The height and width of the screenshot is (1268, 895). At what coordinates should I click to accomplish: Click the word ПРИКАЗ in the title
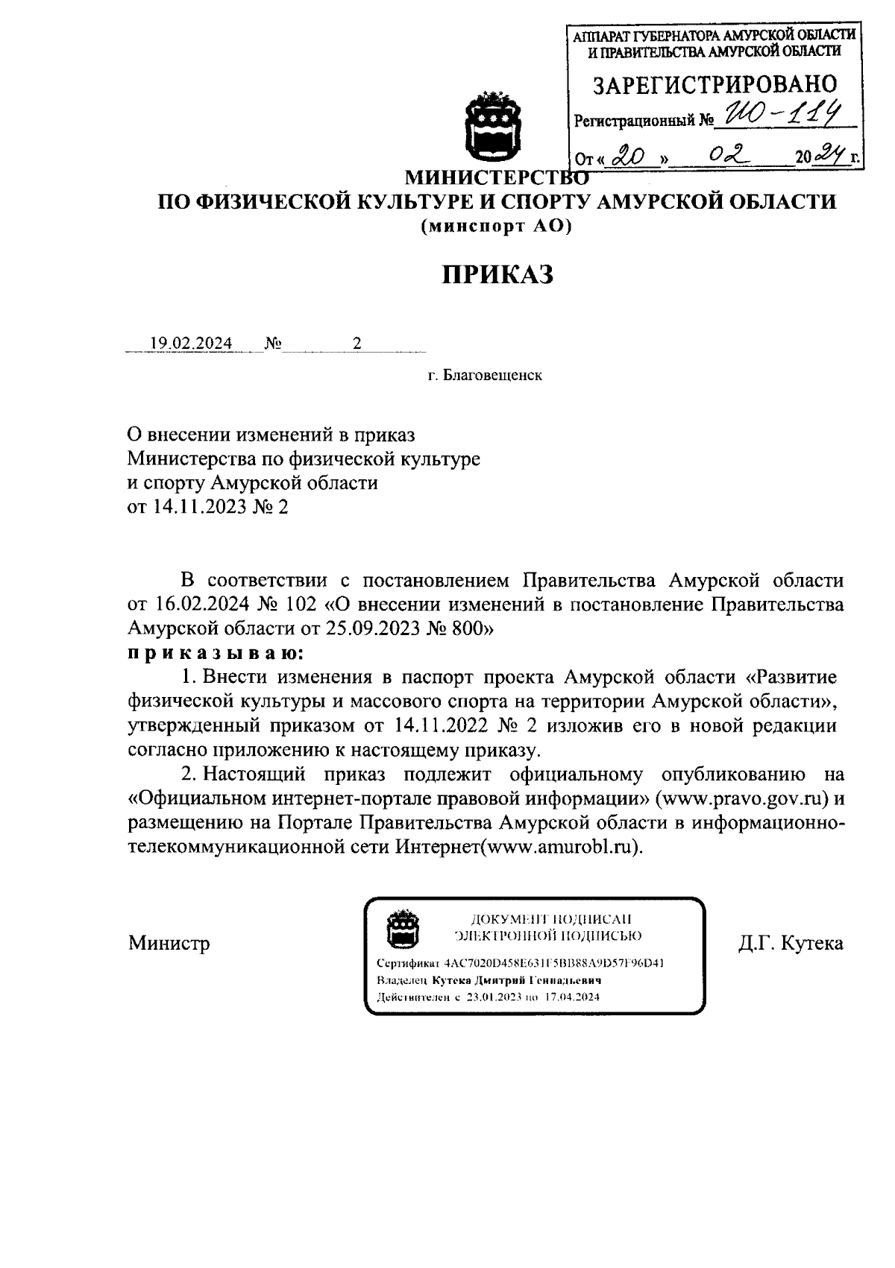click(497, 274)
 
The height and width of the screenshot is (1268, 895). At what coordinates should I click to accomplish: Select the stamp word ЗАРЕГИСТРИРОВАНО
click(715, 83)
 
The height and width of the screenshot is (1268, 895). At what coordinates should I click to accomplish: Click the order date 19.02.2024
click(191, 344)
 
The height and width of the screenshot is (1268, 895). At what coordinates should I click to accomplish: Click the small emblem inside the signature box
click(401, 927)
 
